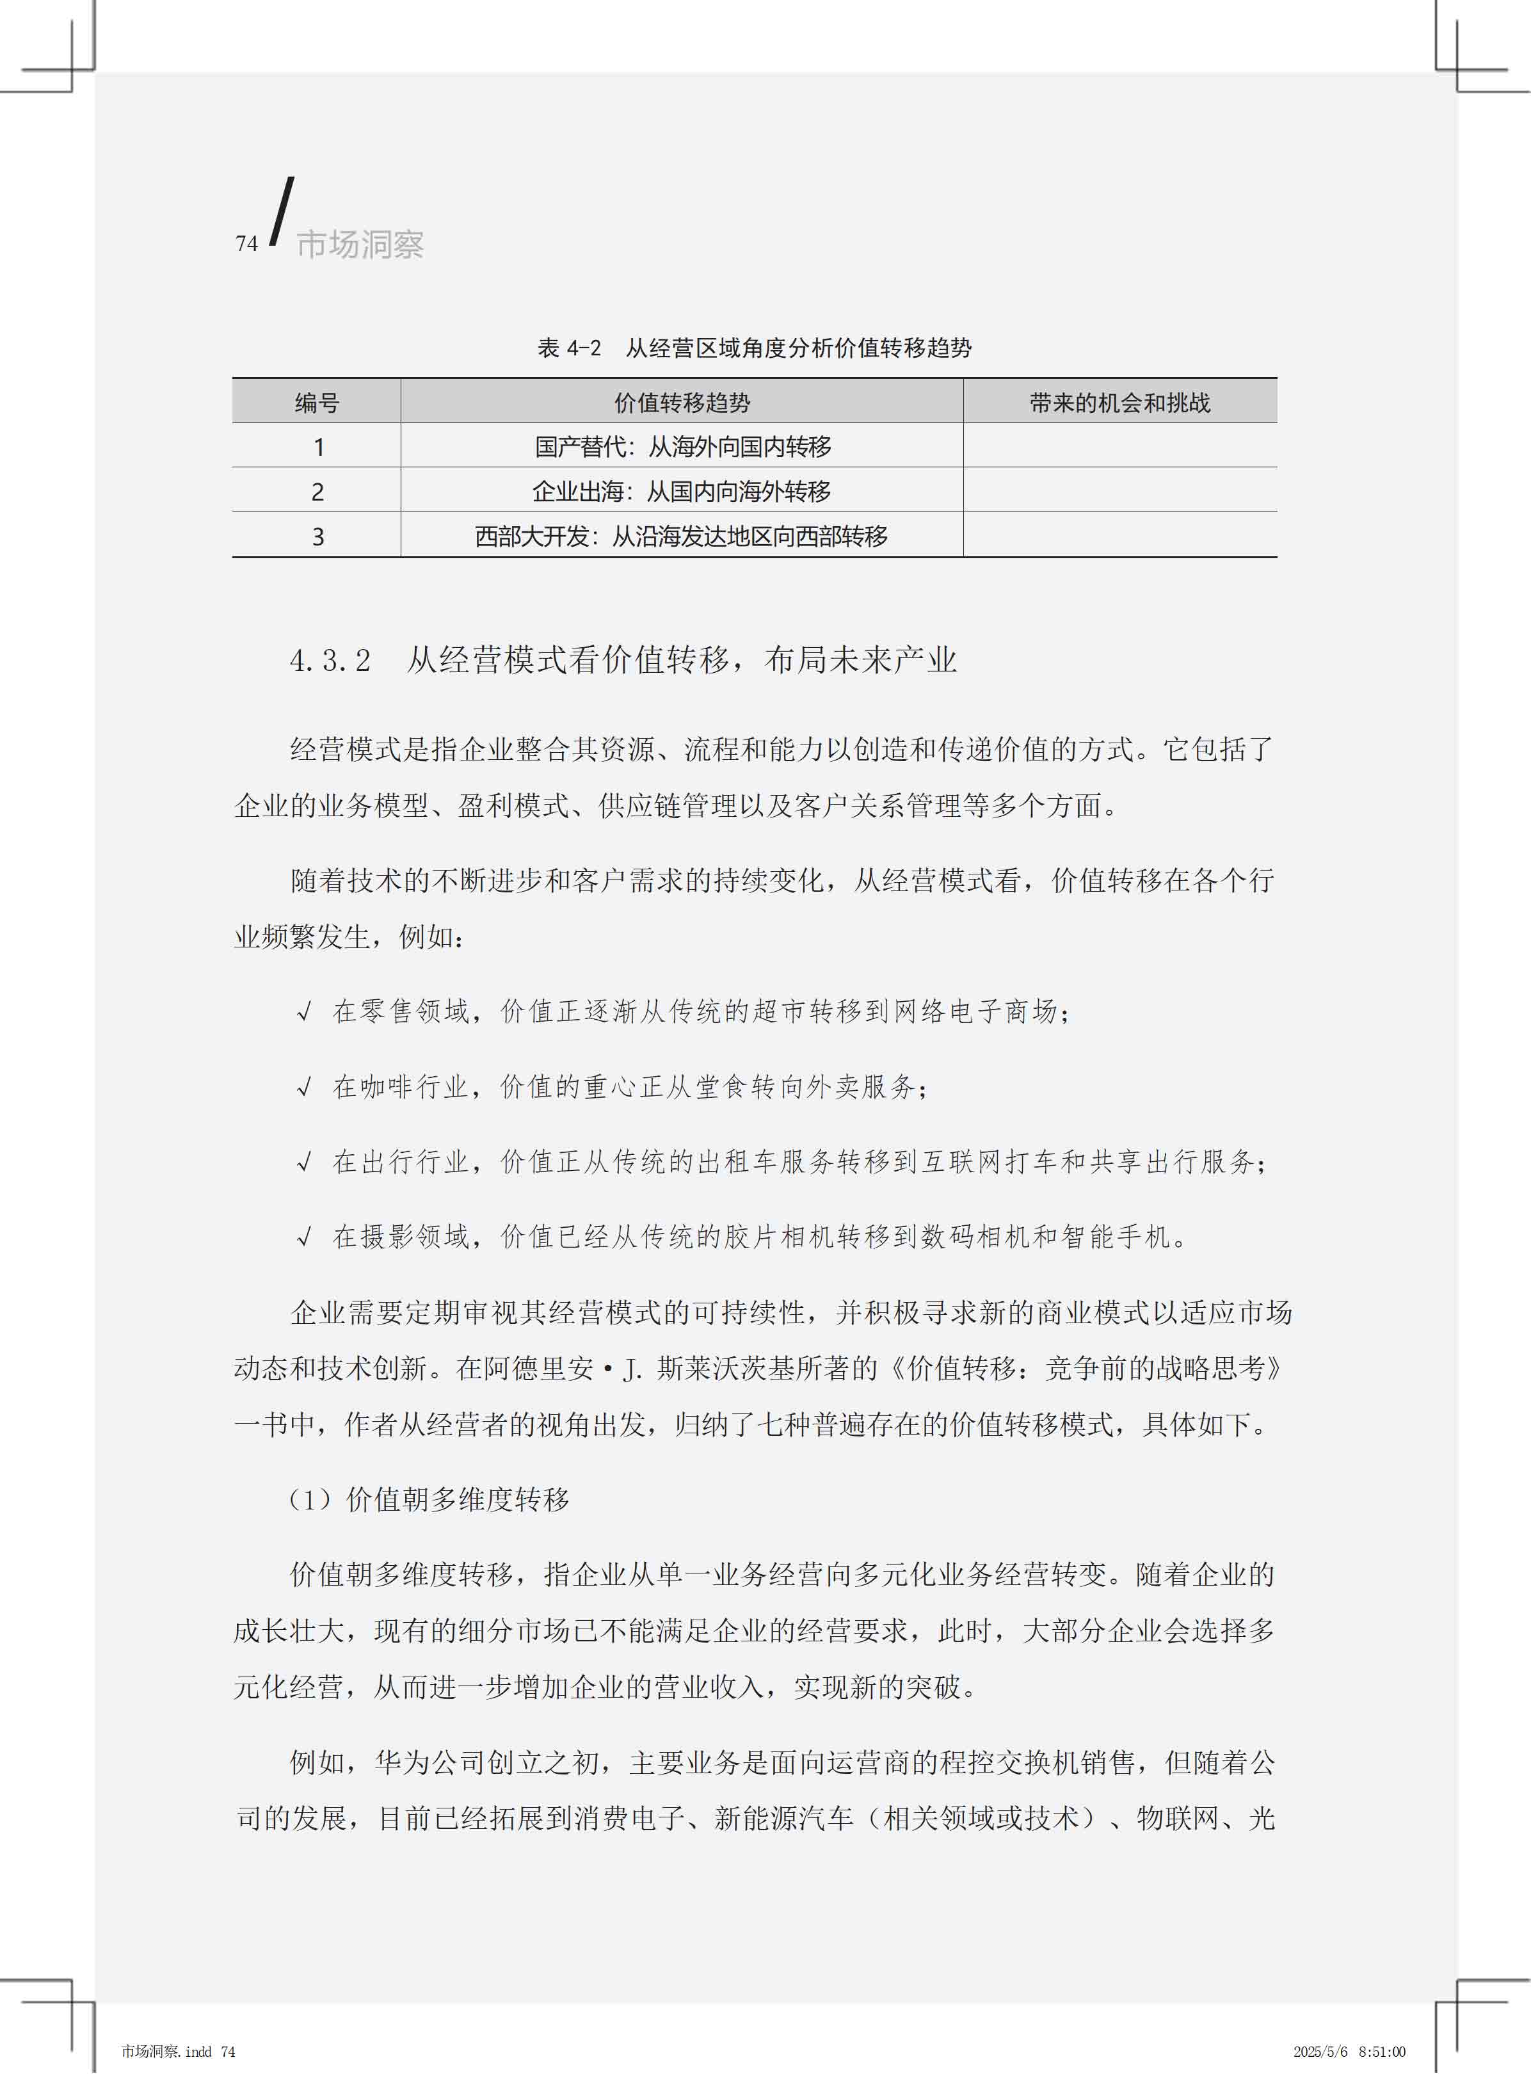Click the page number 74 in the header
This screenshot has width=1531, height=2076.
pyautogui.click(x=246, y=244)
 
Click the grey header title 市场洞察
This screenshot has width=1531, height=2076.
pyautogui.click(x=360, y=245)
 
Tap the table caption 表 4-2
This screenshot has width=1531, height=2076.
pyautogui.click(x=569, y=348)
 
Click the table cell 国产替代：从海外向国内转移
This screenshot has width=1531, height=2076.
pyautogui.click(x=683, y=447)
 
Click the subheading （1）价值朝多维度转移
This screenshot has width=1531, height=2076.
pyautogui.click(x=429, y=1499)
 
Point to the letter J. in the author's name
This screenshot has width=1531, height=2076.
pyautogui.click(x=633, y=1369)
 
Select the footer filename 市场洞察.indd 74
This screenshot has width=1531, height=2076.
pyautogui.click(x=178, y=2052)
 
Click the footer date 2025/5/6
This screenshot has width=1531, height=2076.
pyautogui.click(x=1320, y=2052)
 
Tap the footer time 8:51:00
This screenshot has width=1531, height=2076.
pyautogui.click(x=1383, y=2052)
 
